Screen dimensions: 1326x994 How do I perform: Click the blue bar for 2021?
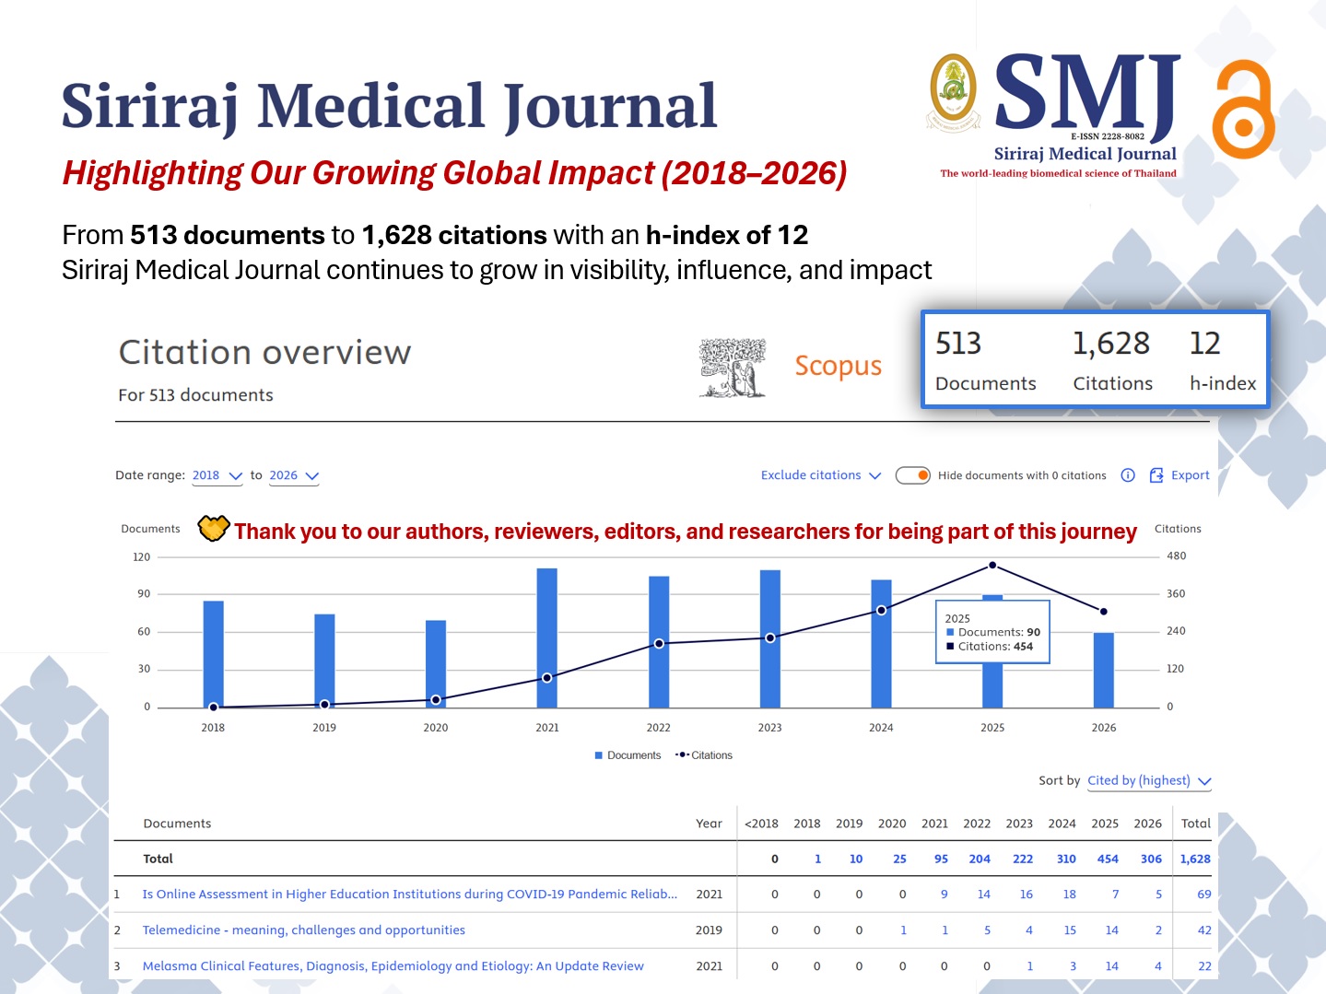546,637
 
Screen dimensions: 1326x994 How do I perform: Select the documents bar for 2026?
1103,670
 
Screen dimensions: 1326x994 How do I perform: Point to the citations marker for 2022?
659,644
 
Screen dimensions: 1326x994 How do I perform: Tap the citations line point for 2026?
1103,612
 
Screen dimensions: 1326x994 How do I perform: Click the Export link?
1179,475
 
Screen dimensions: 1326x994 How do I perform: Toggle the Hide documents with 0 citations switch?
912,475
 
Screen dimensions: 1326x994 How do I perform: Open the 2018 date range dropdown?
217,475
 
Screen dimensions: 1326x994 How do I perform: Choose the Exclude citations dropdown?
820,475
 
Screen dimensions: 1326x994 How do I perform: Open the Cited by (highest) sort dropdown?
1149,780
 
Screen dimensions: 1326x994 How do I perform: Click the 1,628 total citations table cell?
1195,859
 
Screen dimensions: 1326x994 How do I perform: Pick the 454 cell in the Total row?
1108,859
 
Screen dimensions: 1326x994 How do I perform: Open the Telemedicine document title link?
303,930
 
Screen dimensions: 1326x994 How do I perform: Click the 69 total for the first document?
1204,894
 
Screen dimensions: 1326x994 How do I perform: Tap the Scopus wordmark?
838,366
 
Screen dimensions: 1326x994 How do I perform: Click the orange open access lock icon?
1243,110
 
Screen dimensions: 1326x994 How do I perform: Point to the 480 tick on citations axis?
1176,555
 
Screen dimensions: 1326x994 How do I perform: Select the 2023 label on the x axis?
769,728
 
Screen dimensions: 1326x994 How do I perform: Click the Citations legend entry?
704,754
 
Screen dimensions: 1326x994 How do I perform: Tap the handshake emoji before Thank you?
213,529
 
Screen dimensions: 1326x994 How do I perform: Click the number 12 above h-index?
1204,344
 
